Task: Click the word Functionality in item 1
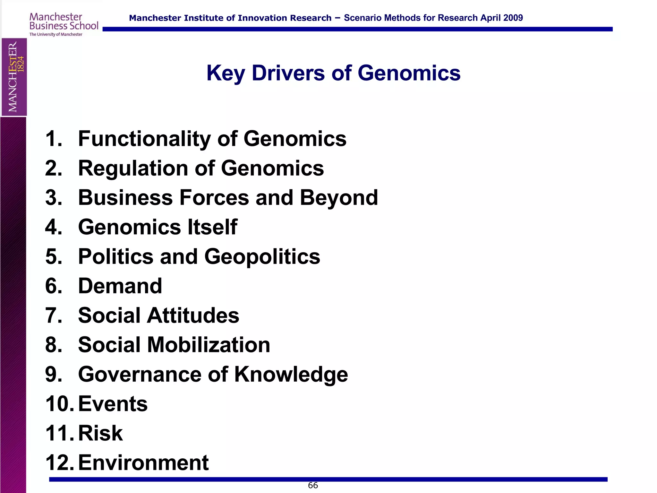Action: [144, 139]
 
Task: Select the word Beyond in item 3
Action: [339, 198]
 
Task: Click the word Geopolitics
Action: [262, 257]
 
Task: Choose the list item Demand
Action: [120, 286]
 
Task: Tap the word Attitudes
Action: [193, 316]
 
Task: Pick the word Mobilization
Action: [209, 345]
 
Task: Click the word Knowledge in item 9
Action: [291, 375]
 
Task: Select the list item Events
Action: [113, 404]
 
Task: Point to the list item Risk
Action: [100, 433]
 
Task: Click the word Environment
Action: [143, 463]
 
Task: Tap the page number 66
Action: [313, 485]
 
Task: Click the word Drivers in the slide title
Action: [288, 73]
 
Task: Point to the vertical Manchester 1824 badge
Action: [14, 77]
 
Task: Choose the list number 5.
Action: [54, 257]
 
